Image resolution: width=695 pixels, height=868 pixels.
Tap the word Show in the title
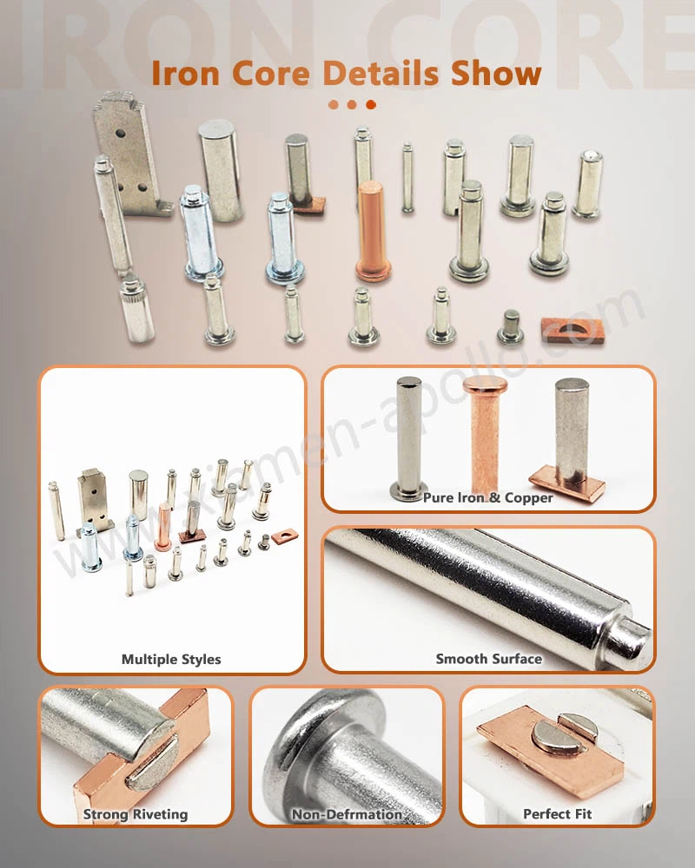[x=496, y=73]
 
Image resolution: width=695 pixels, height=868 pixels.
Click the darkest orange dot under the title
[x=371, y=105]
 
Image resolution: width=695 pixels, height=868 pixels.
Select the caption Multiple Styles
[x=171, y=659]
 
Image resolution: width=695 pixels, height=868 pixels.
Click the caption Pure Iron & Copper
[x=488, y=498]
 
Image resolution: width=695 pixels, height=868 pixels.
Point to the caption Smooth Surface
[x=488, y=659]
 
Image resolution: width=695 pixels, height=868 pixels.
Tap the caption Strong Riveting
[x=136, y=814]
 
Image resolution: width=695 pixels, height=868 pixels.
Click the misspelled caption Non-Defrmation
[x=347, y=814]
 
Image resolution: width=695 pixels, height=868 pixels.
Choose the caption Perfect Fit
[x=558, y=814]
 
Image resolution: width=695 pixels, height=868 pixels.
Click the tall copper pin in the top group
[x=372, y=230]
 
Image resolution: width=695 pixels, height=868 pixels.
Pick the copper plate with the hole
[x=572, y=328]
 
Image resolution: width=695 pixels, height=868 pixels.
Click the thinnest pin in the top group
[x=407, y=178]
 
